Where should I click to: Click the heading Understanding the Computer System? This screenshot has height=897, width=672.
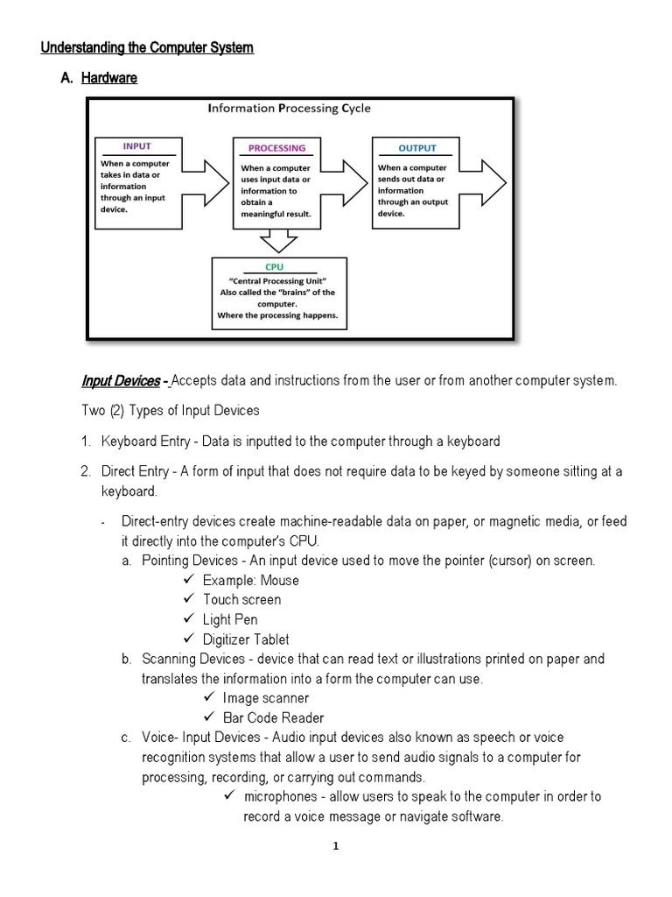coord(147,47)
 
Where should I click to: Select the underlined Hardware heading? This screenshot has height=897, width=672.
coord(109,79)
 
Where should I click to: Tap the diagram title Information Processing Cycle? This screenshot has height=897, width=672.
coord(289,109)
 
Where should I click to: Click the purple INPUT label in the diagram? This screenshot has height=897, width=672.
coord(136,147)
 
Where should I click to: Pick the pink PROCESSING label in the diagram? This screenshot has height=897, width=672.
coord(276,148)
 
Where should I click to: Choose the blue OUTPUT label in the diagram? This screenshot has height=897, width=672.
coord(416,147)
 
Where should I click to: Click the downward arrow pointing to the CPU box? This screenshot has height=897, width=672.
coord(278,239)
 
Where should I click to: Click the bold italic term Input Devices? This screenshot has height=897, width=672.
coord(121,380)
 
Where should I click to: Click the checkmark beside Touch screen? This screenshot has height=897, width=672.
coord(189,599)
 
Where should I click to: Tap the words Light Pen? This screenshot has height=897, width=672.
coord(230,619)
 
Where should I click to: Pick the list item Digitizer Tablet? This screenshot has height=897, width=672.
coord(246,639)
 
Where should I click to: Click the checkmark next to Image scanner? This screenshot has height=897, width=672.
coord(208,698)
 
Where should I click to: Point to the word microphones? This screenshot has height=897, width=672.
coord(282,796)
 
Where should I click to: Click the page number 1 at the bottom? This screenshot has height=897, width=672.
coord(336,846)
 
